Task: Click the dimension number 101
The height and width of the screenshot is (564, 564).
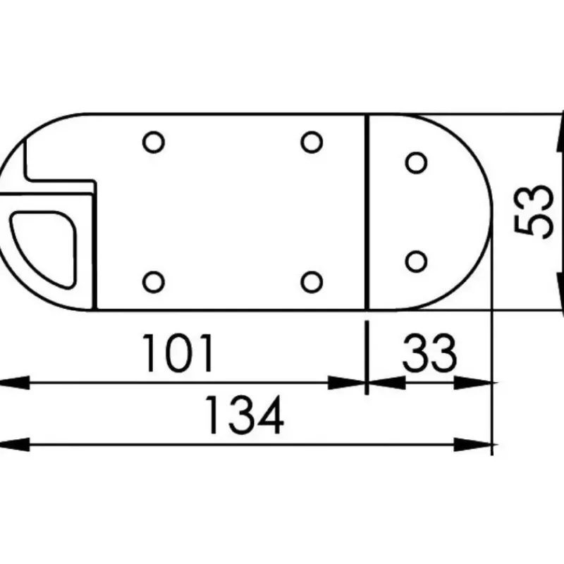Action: pos(178,353)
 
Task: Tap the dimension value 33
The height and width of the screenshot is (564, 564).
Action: pos(429,353)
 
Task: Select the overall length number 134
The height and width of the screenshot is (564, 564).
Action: pos(244,415)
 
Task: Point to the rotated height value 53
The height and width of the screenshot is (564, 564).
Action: pos(533,211)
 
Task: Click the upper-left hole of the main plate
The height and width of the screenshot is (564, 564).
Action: pos(154,142)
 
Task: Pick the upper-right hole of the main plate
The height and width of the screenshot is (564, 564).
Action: pos(312,142)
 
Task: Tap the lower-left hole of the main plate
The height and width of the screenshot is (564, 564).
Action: pos(154,282)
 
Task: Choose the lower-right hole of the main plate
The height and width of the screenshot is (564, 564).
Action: pos(312,282)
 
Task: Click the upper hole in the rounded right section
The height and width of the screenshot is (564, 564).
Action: pos(416,163)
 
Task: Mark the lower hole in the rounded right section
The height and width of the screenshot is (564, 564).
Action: pos(416,262)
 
